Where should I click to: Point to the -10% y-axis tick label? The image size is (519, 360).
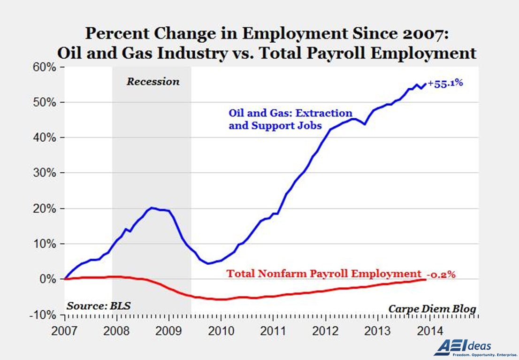point(44,315)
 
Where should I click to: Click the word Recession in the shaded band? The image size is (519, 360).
point(153,82)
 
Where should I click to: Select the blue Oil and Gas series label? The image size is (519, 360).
point(290,119)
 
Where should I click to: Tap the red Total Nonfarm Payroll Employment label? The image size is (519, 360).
point(324,274)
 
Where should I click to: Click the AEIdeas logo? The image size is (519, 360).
point(462,347)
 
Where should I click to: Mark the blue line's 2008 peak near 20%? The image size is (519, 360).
point(152,207)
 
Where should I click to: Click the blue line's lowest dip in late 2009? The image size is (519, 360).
point(208,263)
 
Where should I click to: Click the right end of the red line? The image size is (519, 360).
point(426,279)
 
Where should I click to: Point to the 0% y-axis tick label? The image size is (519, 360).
point(49,279)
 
